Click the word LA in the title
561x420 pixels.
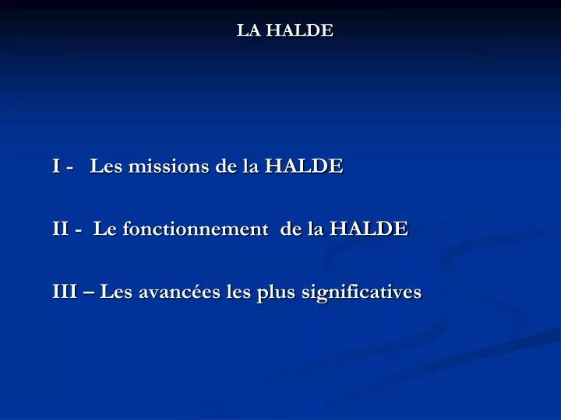(248, 30)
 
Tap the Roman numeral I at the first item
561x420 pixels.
(57, 166)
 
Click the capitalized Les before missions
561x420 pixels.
(106, 166)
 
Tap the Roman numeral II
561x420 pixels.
(61, 229)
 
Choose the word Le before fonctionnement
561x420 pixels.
(103, 229)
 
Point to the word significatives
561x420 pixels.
(359, 293)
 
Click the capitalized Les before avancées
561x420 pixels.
(116, 292)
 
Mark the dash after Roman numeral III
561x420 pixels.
(88, 293)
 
